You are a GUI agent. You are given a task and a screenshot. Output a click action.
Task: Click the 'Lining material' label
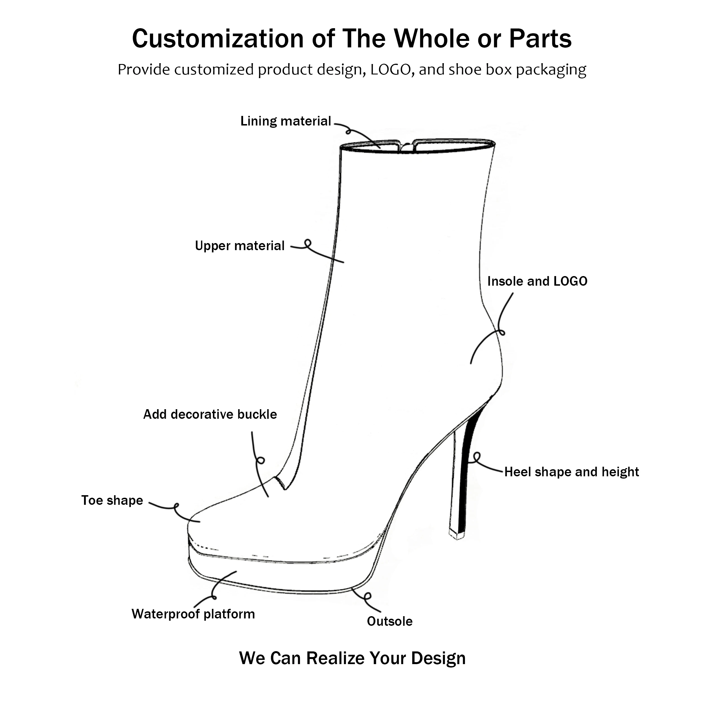[x=285, y=121]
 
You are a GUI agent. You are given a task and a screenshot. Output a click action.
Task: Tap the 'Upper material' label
[x=239, y=246]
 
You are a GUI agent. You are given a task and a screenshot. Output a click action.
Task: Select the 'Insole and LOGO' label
[x=537, y=281]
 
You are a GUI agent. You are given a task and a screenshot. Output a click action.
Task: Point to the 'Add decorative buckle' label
[x=210, y=415]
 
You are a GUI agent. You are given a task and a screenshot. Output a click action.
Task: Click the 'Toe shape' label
[x=112, y=501]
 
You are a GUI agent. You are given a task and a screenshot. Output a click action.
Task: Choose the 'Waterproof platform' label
[x=193, y=614]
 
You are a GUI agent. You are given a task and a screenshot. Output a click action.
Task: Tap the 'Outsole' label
[x=389, y=622]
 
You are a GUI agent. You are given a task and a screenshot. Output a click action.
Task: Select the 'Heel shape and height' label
[x=571, y=472]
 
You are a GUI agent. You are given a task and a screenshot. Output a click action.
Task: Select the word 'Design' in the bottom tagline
[x=438, y=658]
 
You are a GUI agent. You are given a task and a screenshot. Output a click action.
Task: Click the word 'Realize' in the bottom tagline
[x=336, y=658]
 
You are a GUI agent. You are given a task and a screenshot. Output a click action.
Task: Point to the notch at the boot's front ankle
[x=282, y=483]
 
